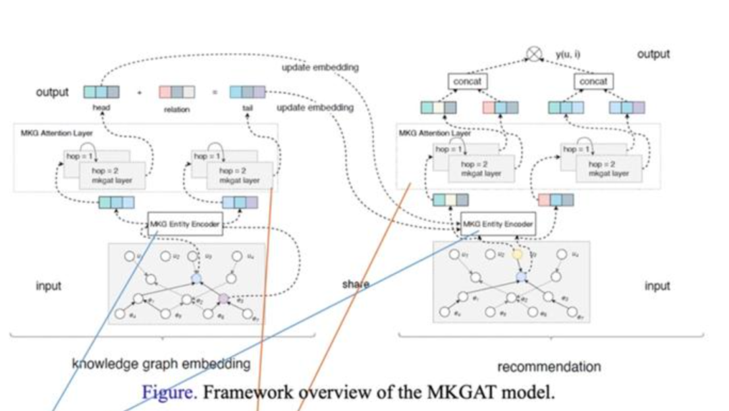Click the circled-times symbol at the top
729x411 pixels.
tap(534, 54)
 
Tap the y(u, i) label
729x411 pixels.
tap(568, 54)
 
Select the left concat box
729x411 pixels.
tap(467, 82)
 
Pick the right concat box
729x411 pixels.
tap(593, 82)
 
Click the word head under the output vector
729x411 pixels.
tap(101, 107)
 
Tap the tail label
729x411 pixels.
tap(247, 108)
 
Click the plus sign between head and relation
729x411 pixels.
tap(140, 92)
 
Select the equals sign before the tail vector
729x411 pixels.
tap(214, 92)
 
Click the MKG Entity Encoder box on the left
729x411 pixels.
tap(185, 224)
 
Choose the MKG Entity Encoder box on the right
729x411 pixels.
tap(498, 224)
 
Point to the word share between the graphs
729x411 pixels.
tap(356, 284)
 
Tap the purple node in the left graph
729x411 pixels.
tap(223, 298)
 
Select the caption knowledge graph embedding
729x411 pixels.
tap(161, 364)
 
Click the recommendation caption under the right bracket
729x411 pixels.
tap(549, 367)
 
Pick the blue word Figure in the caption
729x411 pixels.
tap(169, 392)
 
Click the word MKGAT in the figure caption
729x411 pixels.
tap(475, 392)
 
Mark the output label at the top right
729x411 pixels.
tap(653, 54)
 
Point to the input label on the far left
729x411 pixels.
tap(49, 286)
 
